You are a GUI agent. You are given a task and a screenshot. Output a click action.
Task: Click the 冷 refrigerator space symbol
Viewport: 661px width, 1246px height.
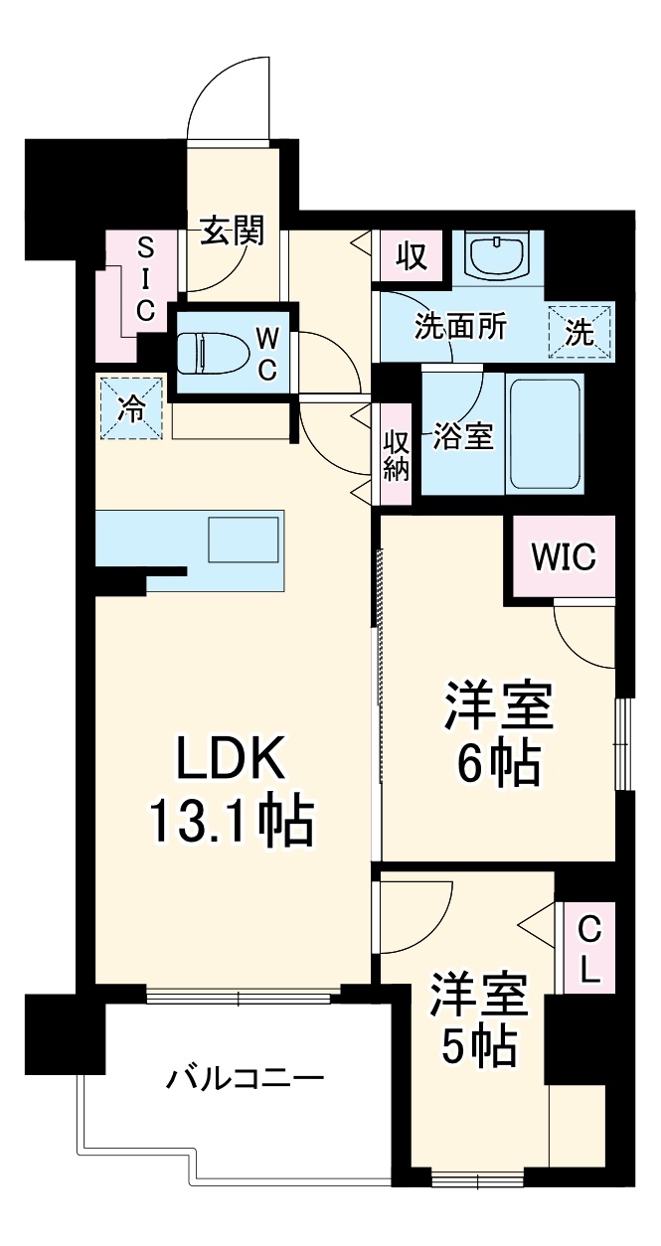pyautogui.click(x=130, y=406)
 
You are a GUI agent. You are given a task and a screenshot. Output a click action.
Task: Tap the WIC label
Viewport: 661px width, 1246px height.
pyautogui.click(x=564, y=557)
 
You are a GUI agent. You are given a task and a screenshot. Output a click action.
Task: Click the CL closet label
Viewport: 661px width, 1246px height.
pyautogui.click(x=588, y=949)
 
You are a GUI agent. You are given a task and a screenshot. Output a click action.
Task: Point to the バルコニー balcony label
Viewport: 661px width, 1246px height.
pyautogui.click(x=245, y=1078)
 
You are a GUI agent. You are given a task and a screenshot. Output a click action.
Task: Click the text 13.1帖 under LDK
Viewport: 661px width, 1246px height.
pyautogui.click(x=231, y=823)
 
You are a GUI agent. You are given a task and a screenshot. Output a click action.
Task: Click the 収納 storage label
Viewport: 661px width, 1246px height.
pyautogui.click(x=397, y=454)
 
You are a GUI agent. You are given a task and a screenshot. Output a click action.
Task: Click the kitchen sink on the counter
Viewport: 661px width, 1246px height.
pyautogui.click(x=243, y=541)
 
